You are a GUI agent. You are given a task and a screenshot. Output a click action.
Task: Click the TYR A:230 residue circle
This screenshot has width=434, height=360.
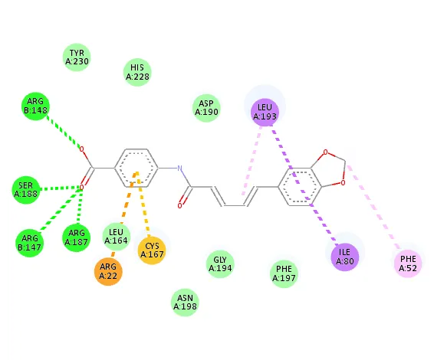(77, 57)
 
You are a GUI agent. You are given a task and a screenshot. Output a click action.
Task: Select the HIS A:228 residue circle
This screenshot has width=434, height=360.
(137, 72)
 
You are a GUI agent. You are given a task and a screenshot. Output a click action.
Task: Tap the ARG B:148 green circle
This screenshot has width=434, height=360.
(35, 106)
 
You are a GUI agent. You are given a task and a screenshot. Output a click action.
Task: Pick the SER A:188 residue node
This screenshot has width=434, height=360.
(26, 190)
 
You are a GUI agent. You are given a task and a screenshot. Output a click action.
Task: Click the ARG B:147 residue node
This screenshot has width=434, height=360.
(30, 243)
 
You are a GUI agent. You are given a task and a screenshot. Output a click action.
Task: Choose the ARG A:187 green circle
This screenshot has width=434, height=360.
(77, 237)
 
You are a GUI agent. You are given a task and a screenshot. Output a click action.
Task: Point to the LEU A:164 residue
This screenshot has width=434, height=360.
(117, 237)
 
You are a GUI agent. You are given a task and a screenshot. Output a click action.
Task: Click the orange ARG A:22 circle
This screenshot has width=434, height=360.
(108, 271)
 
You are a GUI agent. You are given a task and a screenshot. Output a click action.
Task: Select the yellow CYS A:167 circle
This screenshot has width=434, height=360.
(152, 250)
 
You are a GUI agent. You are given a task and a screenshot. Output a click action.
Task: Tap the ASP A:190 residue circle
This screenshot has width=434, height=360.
(206, 108)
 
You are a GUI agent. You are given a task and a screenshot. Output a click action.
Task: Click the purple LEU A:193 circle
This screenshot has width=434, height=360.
(265, 113)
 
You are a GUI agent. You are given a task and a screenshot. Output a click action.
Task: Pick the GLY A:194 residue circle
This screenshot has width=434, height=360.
(220, 264)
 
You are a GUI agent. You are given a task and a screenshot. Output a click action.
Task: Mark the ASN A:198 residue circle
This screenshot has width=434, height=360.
(185, 303)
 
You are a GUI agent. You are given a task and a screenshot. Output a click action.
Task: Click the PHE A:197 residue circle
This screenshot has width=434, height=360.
(284, 273)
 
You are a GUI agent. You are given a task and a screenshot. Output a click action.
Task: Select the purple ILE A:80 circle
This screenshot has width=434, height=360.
(344, 257)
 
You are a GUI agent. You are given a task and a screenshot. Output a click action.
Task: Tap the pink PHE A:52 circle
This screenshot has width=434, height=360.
(408, 263)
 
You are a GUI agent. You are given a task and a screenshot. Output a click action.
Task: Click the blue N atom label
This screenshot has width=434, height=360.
(179, 168)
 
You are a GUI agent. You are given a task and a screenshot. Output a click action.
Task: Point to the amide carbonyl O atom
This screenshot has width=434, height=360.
(179, 206)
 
